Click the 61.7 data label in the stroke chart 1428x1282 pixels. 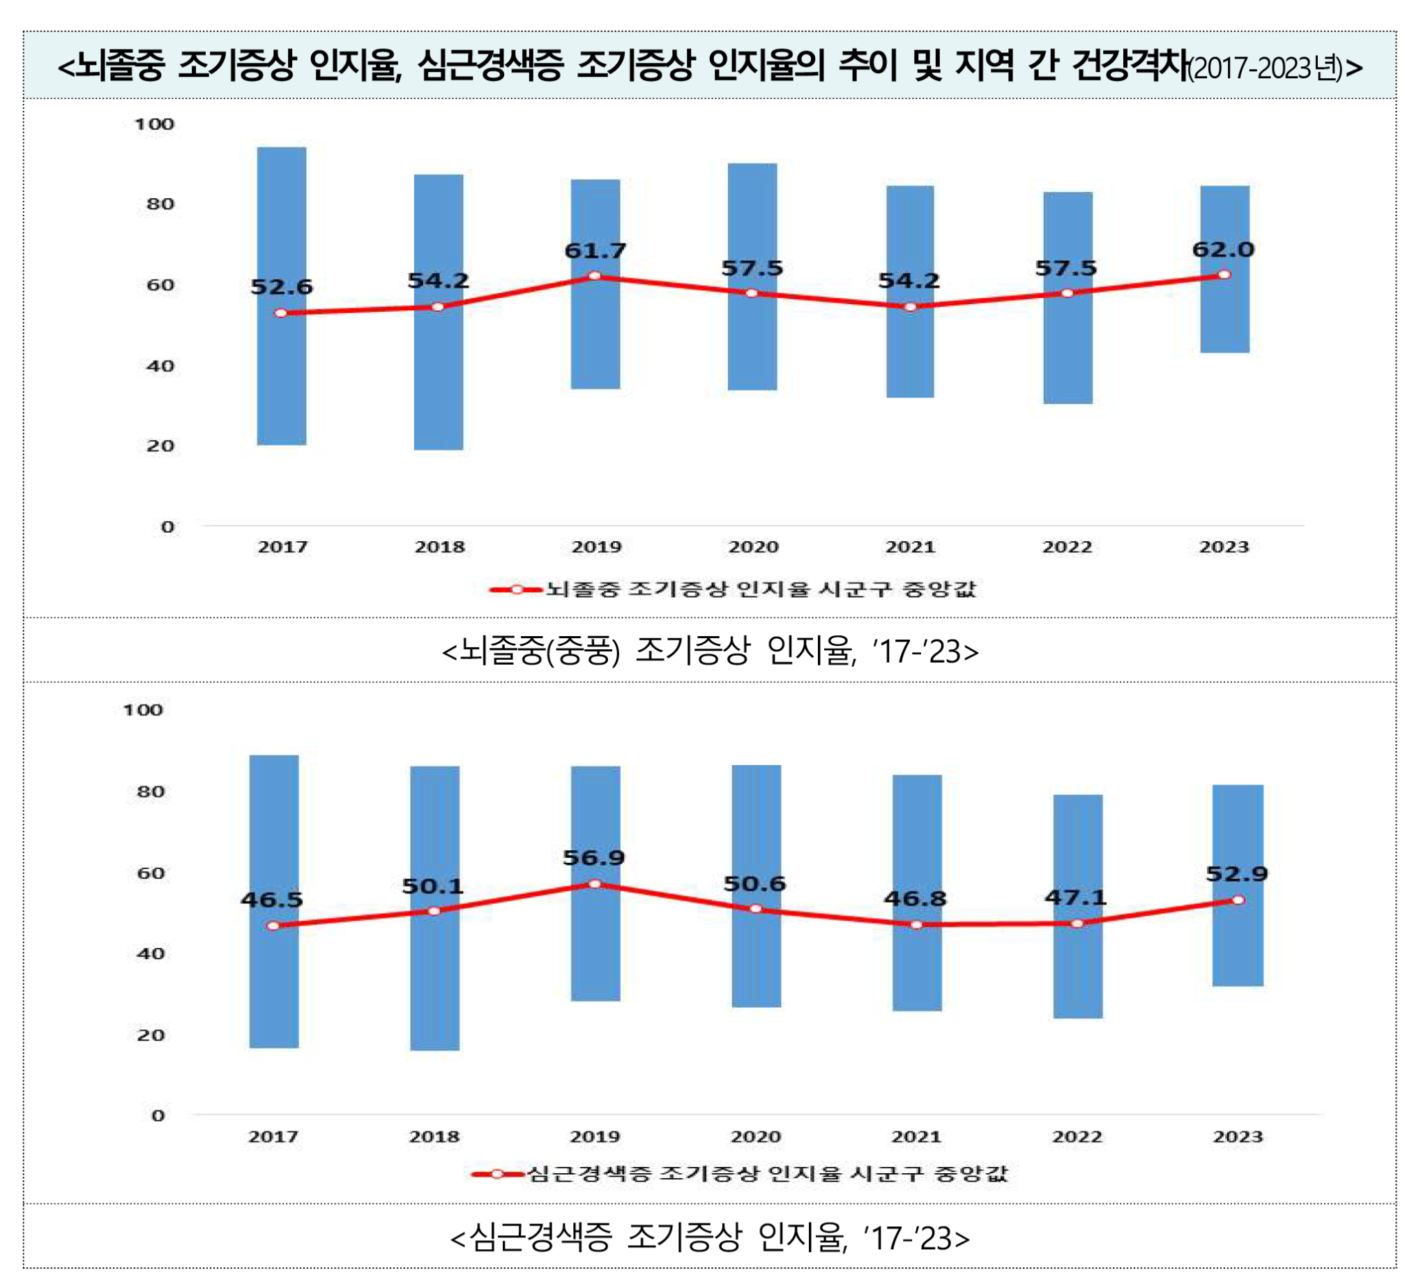(x=595, y=250)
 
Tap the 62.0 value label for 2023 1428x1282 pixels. (x=1223, y=250)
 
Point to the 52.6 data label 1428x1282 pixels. (x=282, y=287)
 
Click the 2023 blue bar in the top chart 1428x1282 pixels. (x=1224, y=331)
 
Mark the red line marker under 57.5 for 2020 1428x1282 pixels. (x=752, y=293)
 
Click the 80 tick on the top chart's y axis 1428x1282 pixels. (x=160, y=204)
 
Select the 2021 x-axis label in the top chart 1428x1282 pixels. (x=910, y=548)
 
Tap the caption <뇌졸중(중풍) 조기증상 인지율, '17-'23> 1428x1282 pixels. (x=710, y=650)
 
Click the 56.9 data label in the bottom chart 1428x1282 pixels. (x=593, y=858)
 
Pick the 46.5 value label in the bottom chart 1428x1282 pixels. (x=272, y=900)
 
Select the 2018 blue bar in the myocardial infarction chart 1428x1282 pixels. (x=434, y=986)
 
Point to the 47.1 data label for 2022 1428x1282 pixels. (x=1075, y=898)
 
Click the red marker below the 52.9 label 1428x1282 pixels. (x=1238, y=900)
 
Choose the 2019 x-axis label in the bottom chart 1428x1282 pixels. (x=594, y=1137)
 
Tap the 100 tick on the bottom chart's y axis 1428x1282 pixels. (x=143, y=710)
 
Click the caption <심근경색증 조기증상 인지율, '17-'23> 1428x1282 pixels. (x=710, y=1238)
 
